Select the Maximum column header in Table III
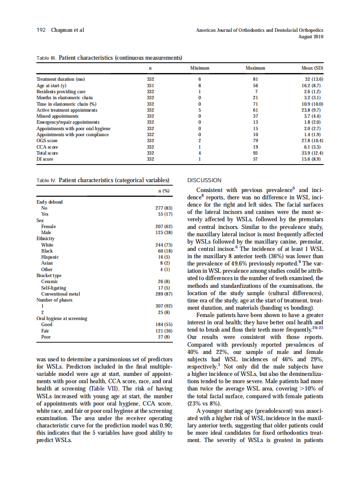pyautogui.click(x=255, y=68)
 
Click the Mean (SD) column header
pyautogui.click(x=312, y=68)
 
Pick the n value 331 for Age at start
pyautogui.click(x=150, y=85)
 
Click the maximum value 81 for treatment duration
pyautogui.click(x=256, y=79)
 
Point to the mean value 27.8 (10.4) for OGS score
pyautogui.click(x=312, y=140)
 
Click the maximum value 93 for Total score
pyautogui.click(x=256, y=153)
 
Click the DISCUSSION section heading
pyautogui.click(x=204, y=180)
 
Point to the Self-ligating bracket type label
pyautogui.click(x=54, y=288)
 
